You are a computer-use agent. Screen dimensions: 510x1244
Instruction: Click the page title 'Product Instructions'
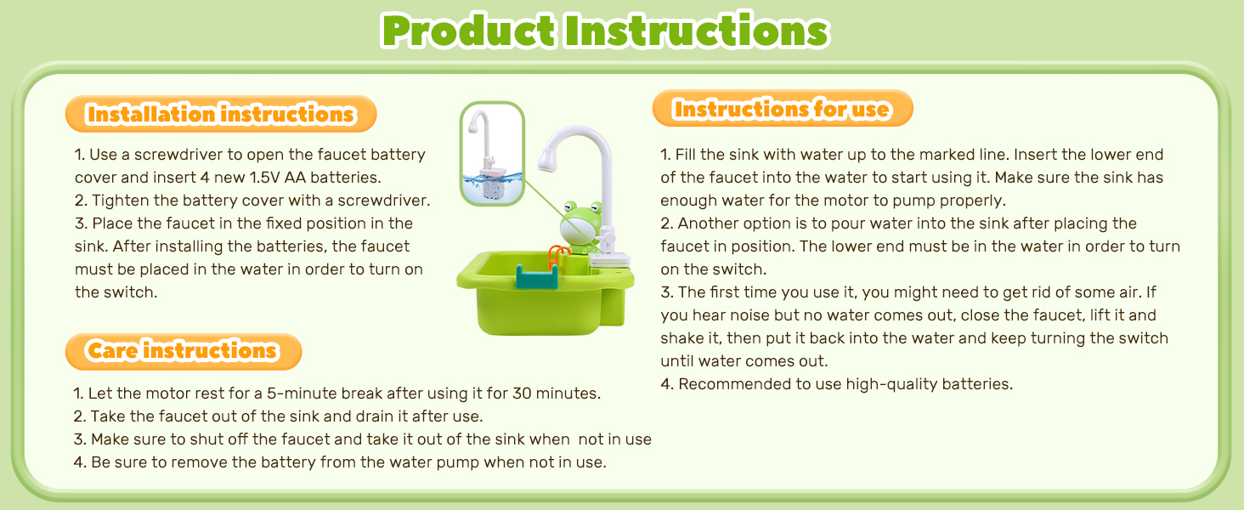[x=604, y=31]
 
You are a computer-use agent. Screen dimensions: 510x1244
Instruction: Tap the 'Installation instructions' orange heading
[x=220, y=114]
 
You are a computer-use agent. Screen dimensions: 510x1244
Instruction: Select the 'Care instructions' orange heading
[x=183, y=351]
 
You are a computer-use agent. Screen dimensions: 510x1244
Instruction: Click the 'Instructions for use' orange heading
[x=782, y=110]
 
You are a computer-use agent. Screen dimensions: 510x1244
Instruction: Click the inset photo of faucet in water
[x=491, y=153]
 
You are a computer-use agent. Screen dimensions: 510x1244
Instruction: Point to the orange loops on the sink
[x=557, y=253]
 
